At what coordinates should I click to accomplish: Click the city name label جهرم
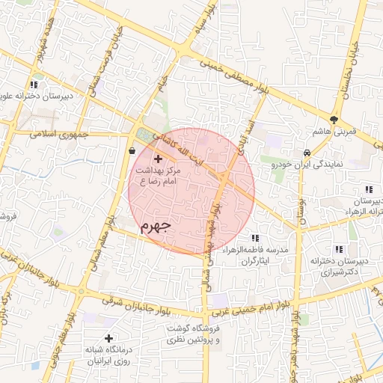tap(156, 224)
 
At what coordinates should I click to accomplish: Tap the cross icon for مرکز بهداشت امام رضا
tap(157, 159)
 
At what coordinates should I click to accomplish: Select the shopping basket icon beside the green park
tap(132, 150)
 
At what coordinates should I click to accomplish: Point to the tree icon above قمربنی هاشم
tap(334, 119)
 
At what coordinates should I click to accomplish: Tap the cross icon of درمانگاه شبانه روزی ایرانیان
tap(109, 338)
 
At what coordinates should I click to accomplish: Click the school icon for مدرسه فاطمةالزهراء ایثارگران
tap(256, 238)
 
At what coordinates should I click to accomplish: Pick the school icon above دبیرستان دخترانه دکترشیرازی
tap(339, 249)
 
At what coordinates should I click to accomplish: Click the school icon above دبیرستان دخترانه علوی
tap(33, 84)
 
